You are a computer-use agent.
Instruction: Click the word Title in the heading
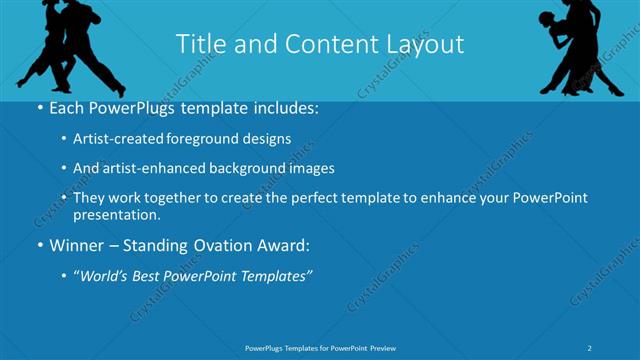point(200,44)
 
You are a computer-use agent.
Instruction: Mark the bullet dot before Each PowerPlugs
point(38,109)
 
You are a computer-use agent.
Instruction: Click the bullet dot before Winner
point(38,245)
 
